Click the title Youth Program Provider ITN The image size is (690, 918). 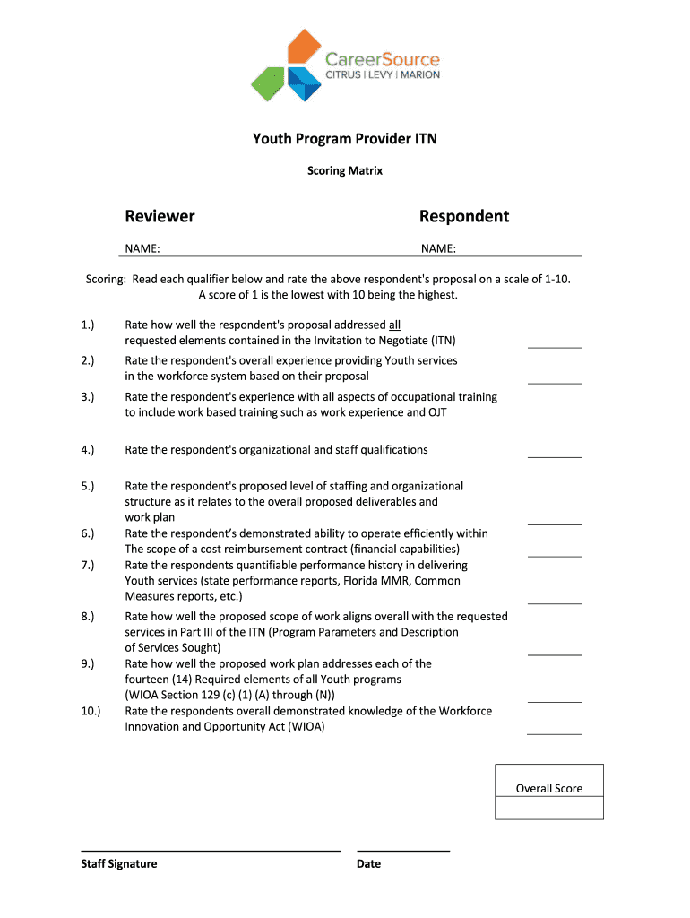coord(345,139)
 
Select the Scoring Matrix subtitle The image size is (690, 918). coord(345,170)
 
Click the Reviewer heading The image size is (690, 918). coord(160,216)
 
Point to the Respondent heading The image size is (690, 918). coord(464,216)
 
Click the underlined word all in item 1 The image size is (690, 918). coord(394,325)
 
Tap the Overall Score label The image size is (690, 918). coord(548,789)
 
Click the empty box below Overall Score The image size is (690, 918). coord(548,809)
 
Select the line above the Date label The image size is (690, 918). coord(403,850)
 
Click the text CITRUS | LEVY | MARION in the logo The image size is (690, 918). coord(382,75)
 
